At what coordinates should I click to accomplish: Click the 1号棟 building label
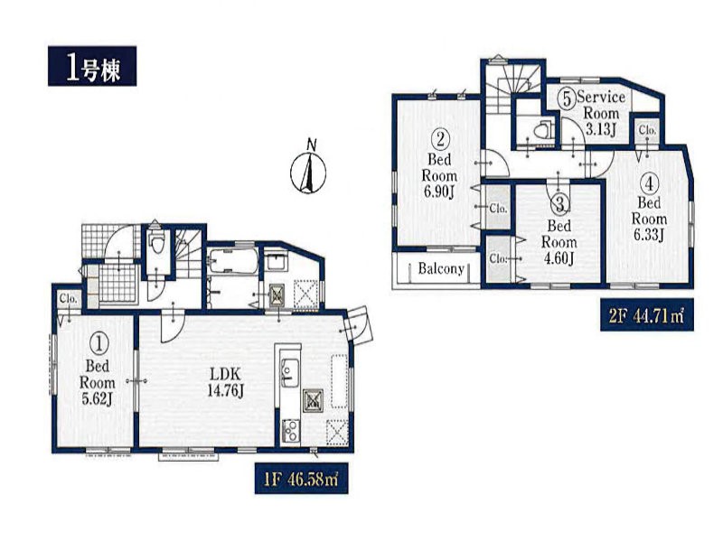pyautogui.click(x=92, y=66)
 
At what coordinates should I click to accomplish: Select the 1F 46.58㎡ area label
pyautogui.click(x=301, y=479)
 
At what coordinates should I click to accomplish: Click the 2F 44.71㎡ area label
pyautogui.click(x=646, y=315)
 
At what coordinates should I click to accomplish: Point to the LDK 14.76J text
pyautogui.click(x=225, y=381)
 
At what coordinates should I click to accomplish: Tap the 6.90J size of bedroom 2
pyautogui.click(x=439, y=192)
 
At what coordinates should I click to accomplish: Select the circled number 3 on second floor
pyautogui.click(x=559, y=204)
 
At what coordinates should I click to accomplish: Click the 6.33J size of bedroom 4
pyautogui.click(x=648, y=235)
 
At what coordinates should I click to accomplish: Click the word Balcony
pyautogui.click(x=441, y=268)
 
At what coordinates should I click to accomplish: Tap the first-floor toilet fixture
pyautogui.click(x=157, y=243)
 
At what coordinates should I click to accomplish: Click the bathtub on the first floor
pyautogui.click(x=233, y=261)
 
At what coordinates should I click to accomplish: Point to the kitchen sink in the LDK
pyautogui.click(x=289, y=371)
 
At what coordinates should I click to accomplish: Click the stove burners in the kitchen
pyautogui.click(x=290, y=432)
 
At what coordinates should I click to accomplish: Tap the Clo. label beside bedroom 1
pyautogui.click(x=68, y=300)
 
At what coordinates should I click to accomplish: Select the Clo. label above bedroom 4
pyautogui.click(x=647, y=130)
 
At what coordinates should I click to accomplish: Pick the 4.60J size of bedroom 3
pyautogui.click(x=559, y=259)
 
